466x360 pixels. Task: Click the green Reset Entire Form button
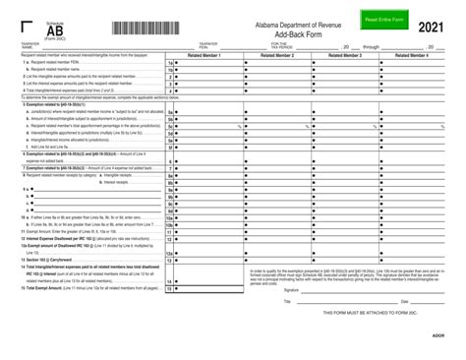382,19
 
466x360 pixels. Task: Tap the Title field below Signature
334,302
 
